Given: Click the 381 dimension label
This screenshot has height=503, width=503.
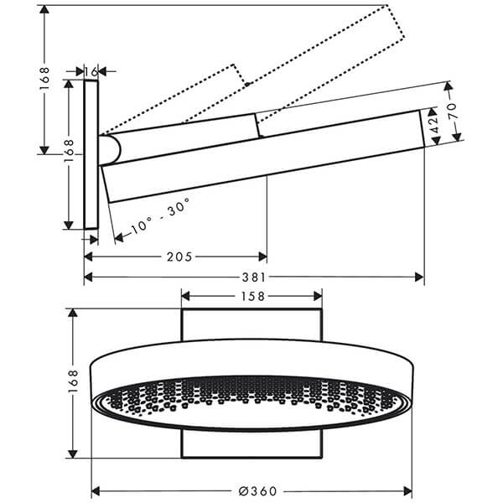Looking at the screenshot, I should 254,277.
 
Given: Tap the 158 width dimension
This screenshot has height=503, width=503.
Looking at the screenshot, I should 252,295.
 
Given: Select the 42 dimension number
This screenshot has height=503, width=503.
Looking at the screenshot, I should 434,127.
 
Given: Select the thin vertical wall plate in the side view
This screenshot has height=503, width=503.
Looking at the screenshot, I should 91,155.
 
